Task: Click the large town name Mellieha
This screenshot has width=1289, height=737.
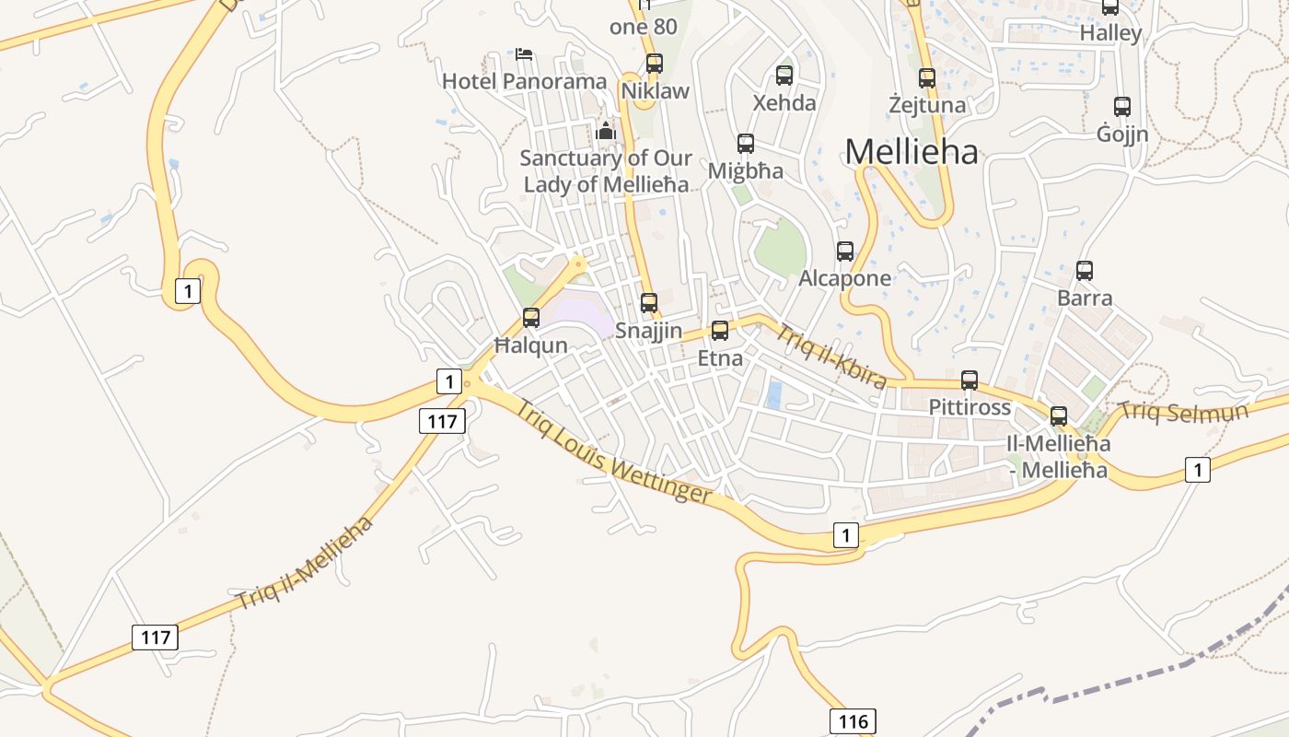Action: pyautogui.click(x=911, y=152)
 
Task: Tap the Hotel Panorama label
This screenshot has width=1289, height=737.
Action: pyautogui.click(x=524, y=81)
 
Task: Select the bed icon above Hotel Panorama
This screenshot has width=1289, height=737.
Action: pyautogui.click(x=524, y=54)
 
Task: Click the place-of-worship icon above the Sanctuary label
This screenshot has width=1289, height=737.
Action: pyautogui.click(x=605, y=131)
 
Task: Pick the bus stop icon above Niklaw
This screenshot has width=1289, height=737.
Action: pyautogui.click(x=655, y=64)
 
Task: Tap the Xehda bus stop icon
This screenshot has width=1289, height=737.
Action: pyautogui.click(x=784, y=76)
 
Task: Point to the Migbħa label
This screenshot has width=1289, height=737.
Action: pyautogui.click(x=746, y=171)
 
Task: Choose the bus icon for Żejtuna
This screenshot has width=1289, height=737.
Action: pyautogui.click(x=927, y=78)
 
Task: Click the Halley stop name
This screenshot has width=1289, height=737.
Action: pyautogui.click(x=1110, y=34)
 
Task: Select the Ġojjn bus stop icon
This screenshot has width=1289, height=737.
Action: pyautogui.click(x=1121, y=107)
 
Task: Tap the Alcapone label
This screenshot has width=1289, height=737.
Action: pyautogui.click(x=845, y=278)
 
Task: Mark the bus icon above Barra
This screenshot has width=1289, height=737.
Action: pyautogui.click(x=1085, y=271)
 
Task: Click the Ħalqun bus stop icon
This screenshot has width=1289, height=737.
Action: pyautogui.click(x=531, y=318)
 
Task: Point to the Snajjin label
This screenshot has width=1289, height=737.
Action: pyautogui.click(x=649, y=331)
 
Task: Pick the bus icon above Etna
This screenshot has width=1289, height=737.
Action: pyautogui.click(x=720, y=331)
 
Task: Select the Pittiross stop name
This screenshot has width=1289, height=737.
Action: pyautogui.click(x=970, y=407)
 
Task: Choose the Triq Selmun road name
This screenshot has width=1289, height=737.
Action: pyautogui.click(x=1184, y=412)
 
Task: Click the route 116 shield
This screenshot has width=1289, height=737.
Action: pyautogui.click(x=852, y=721)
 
